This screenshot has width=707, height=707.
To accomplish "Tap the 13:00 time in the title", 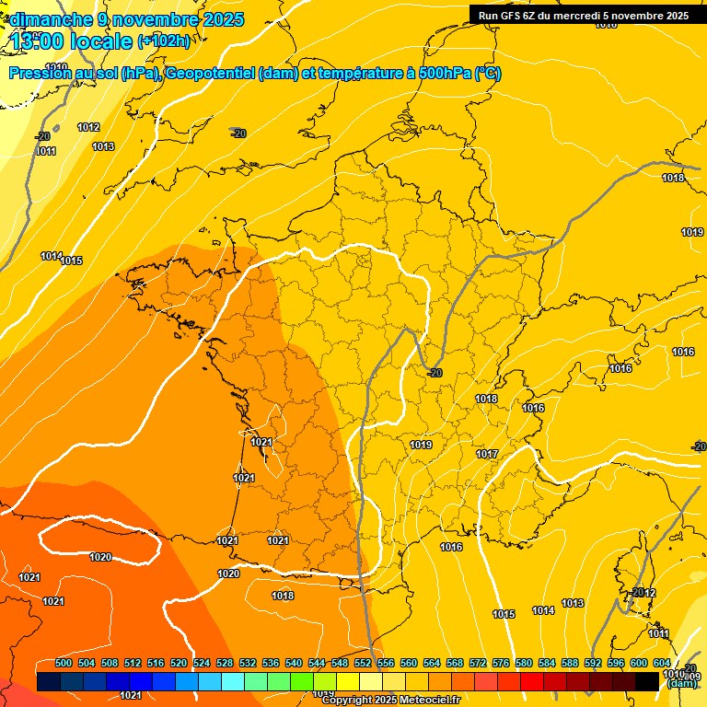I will point(41,41).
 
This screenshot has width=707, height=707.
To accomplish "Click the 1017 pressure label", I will point(487,454).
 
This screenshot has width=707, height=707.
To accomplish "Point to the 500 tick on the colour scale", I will point(64,663).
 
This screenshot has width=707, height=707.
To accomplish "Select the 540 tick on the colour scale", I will point(294,663).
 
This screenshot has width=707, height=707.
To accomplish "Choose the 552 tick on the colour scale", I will point(363,663).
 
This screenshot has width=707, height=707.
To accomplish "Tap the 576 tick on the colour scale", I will point(501,663).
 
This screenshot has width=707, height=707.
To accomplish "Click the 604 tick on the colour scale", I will point(662,663).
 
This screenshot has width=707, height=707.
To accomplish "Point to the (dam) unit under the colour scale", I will point(681,683).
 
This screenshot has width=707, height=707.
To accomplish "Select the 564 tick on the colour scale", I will point(432,663).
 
